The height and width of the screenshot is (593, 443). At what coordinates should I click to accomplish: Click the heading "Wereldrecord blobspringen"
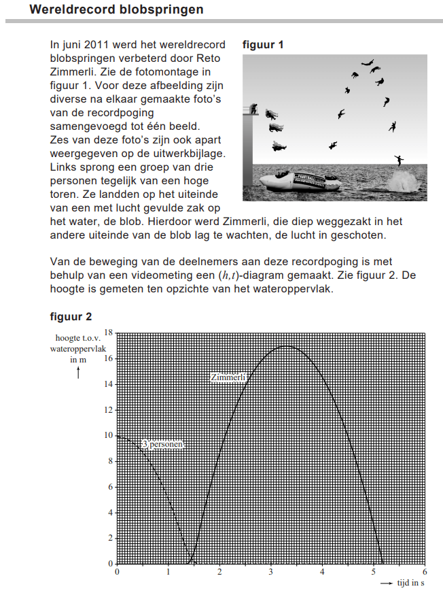[116, 10]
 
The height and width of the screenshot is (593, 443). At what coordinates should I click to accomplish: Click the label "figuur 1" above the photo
[263, 45]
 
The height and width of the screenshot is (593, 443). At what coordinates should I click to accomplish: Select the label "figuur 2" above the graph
[71, 317]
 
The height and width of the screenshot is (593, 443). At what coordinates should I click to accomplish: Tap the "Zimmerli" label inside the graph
[228, 377]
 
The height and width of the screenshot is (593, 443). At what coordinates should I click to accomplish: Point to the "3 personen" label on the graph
[162, 444]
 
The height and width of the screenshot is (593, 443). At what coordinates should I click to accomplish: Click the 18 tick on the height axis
[109, 333]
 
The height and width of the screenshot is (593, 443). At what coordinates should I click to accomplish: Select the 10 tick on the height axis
[109, 435]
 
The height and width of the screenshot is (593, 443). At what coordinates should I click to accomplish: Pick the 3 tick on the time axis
[271, 572]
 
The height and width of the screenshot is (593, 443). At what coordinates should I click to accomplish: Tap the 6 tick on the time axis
[425, 572]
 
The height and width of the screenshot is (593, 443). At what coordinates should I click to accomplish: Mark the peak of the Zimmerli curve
[285, 346]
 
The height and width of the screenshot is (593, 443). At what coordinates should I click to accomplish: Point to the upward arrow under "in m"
[79, 371]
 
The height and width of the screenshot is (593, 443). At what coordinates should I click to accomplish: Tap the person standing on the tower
[253, 109]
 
